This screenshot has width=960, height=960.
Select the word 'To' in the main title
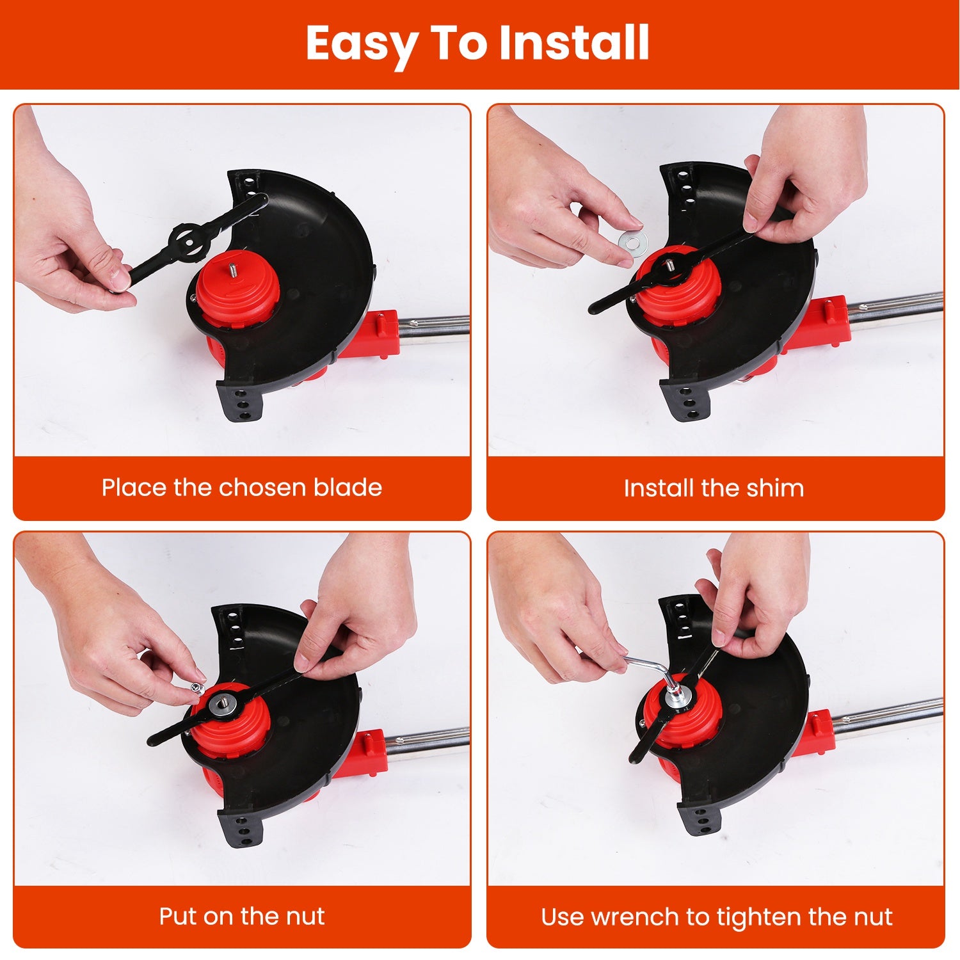click(457, 43)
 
